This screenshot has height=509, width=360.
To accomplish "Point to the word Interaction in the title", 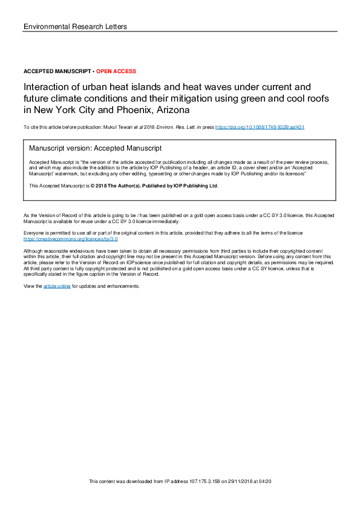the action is click(46, 87).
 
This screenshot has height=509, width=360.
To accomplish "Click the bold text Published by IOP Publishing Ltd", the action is click(177, 186).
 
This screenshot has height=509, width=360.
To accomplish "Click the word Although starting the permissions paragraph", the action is click(33, 250).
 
